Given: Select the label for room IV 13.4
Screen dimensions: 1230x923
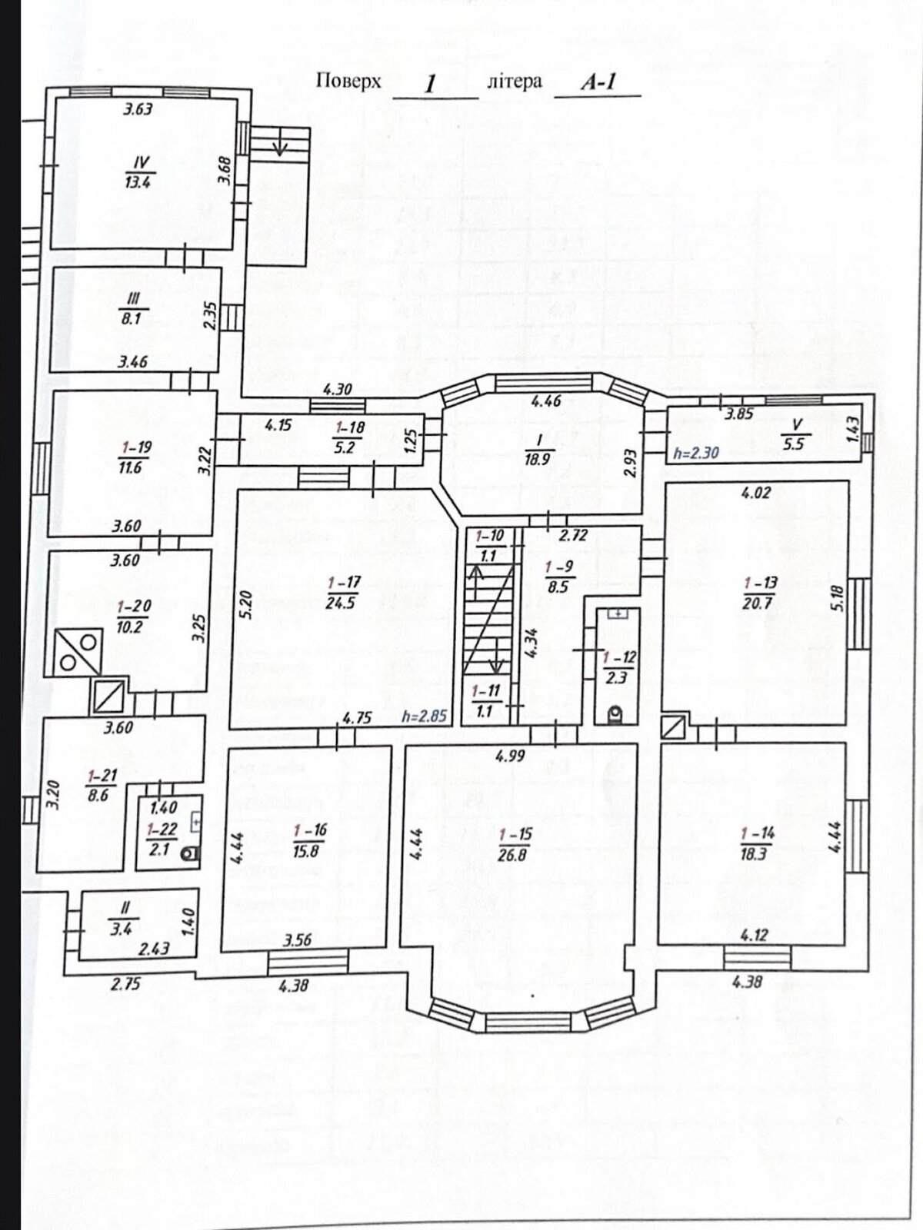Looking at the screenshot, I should point(140,172).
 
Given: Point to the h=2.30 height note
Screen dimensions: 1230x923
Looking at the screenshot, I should point(695,453).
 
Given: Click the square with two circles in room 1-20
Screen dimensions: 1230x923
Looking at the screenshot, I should point(81,651).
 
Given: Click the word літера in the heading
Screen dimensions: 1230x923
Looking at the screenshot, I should point(515,81).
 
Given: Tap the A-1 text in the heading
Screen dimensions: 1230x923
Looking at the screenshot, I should point(598,83).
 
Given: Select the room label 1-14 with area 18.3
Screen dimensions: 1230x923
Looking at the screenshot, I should point(755,843).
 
